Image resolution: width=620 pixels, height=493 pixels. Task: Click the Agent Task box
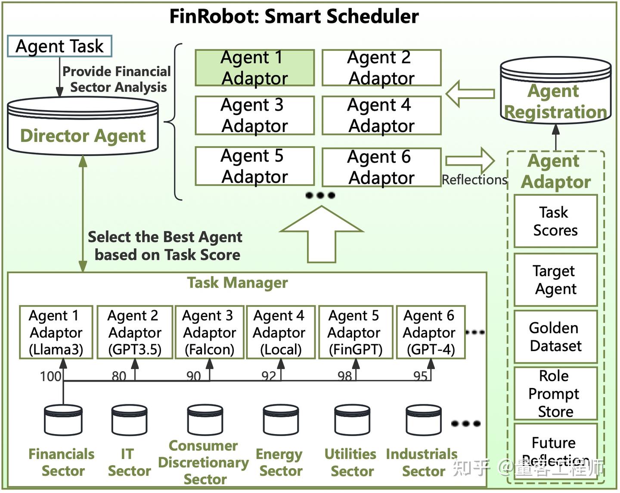59,46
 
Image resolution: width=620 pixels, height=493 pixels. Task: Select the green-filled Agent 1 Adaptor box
254,68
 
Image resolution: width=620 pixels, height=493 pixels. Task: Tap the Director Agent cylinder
83,126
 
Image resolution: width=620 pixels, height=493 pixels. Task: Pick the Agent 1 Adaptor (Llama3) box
56,333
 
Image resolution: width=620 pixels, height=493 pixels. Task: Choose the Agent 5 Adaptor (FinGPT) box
355,333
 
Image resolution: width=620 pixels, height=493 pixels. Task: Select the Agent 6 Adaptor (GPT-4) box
431,333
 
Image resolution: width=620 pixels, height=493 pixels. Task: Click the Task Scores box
555,221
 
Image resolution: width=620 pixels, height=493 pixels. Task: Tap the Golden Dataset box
555,337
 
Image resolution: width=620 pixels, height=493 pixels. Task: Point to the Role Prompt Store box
555,394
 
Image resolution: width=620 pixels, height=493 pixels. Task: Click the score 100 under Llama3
50,376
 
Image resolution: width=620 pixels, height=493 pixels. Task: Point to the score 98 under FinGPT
344,376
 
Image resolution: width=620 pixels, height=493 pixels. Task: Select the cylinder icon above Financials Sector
63,420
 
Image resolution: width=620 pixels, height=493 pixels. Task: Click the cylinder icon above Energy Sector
281,420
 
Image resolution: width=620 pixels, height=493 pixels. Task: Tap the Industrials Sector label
422,462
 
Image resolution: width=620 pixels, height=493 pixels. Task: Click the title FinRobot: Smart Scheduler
294,17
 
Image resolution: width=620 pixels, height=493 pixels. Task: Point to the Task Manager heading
237,283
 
